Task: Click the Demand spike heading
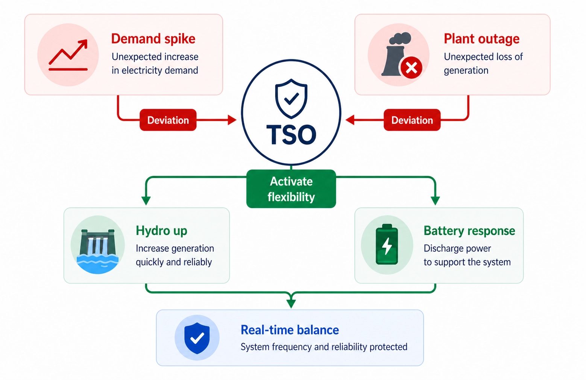tap(153, 39)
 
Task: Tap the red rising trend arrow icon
tap(68, 55)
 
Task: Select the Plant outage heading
tap(481, 39)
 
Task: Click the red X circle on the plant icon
tap(411, 68)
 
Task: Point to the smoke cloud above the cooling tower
tap(400, 38)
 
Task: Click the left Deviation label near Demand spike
tap(168, 120)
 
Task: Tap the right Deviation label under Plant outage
tap(412, 120)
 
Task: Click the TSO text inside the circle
tap(291, 135)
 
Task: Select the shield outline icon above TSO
tap(291, 99)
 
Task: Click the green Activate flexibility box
tap(291, 189)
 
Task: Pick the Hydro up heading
tap(161, 231)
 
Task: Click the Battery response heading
tap(469, 231)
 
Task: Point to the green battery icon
tap(387, 245)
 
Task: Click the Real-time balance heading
tap(290, 330)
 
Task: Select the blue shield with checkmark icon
tap(197, 338)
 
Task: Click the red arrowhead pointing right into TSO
tap(232, 120)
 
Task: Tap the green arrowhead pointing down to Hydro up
tap(146, 201)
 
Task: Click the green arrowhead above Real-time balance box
tap(291, 303)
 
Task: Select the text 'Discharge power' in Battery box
tap(457, 248)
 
